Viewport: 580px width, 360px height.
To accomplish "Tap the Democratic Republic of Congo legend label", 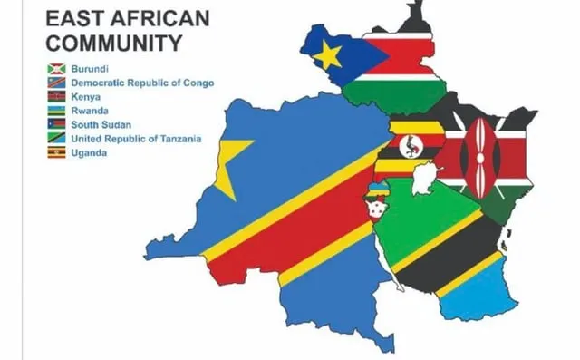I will [142, 83].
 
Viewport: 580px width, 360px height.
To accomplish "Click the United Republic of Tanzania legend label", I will [135, 139].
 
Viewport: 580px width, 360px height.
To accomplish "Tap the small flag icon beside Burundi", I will [56, 68].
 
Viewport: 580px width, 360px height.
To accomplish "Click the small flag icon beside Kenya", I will [56, 96].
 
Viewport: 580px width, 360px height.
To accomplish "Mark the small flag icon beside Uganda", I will [56, 152].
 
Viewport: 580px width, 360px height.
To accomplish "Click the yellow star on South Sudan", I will [327, 55].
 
